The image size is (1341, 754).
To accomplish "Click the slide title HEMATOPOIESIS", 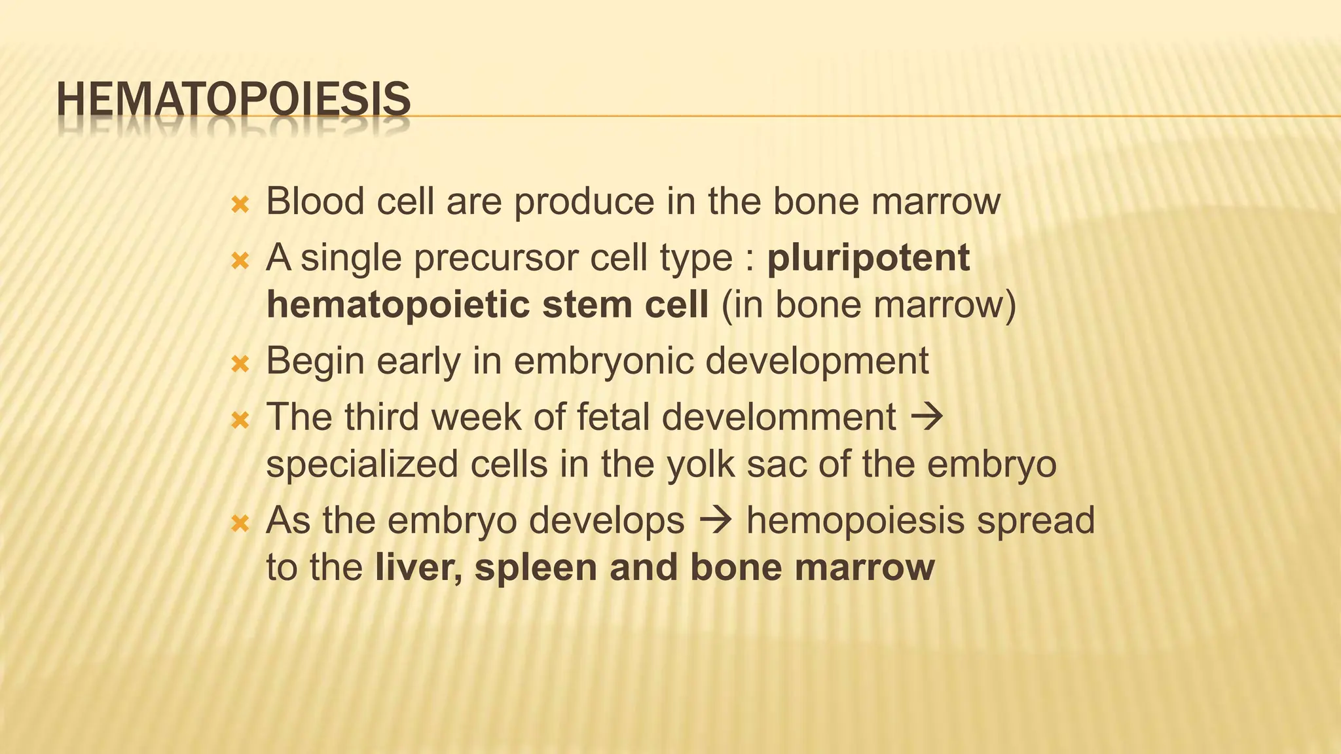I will click(x=233, y=100).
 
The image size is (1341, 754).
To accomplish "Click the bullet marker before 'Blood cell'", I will click(x=240, y=206).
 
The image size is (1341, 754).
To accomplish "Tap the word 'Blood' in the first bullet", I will click(x=315, y=201).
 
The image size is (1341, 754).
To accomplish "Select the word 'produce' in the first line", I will click(x=583, y=202).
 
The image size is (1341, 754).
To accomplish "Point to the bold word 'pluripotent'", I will click(x=868, y=259).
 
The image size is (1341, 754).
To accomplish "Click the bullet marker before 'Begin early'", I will click(x=240, y=364).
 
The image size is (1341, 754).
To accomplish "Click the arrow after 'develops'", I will click(x=715, y=521).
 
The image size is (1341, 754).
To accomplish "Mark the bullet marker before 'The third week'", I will click(x=240, y=420).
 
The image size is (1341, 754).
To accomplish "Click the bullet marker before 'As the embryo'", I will click(x=240, y=524).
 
